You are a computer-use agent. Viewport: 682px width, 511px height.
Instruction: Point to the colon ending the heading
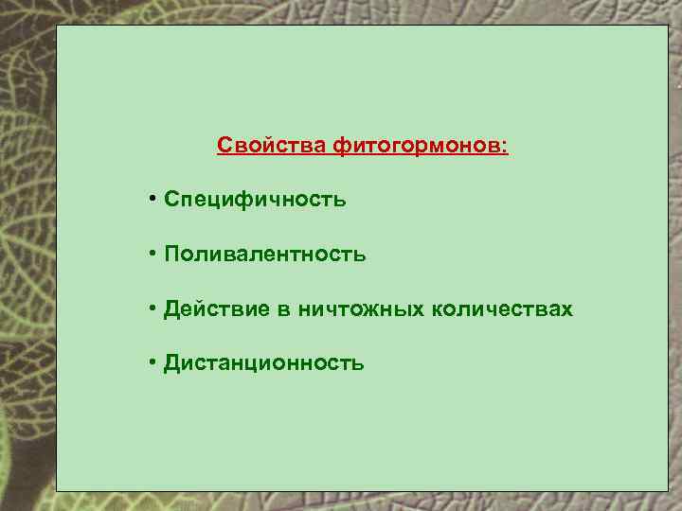click(505, 148)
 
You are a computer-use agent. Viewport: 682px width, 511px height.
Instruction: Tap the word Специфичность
click(255, 200)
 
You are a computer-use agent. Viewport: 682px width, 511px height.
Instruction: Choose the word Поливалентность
click(264, 255)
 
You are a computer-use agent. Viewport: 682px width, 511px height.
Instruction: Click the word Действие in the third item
click(213, 309)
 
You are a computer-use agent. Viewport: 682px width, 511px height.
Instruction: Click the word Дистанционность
click(263, 363)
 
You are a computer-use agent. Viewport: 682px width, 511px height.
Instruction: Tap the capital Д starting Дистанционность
click(171, 363)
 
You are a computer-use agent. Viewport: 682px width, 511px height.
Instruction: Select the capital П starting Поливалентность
click(171, 255)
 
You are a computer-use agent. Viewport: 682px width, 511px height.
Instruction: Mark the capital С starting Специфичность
click(170, 200)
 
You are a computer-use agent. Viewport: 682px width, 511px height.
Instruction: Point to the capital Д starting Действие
click(171, 309)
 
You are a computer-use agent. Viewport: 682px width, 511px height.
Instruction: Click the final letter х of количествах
click(567, 310)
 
